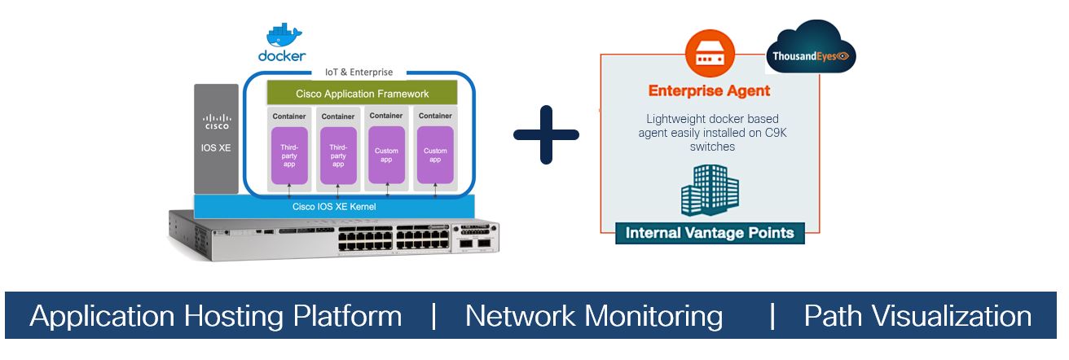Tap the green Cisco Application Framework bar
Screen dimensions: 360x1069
[x=362, y=94]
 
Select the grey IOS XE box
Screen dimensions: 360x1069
[x=216, y=139]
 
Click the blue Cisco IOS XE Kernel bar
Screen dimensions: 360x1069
[x=334, y=206]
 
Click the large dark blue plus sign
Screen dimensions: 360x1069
[x=546, y=134]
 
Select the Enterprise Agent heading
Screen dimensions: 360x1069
[x=709, y=90]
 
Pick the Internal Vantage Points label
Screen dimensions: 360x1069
[x=710, y=233]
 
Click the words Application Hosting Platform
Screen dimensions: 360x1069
[x=215, y=316]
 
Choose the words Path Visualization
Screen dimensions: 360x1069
[x=917, y=316]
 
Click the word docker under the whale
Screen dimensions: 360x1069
[x=282, y=56]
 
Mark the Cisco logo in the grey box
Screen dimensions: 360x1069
[x=216, y=123]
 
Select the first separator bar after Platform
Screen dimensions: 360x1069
[x=434, y=316]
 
